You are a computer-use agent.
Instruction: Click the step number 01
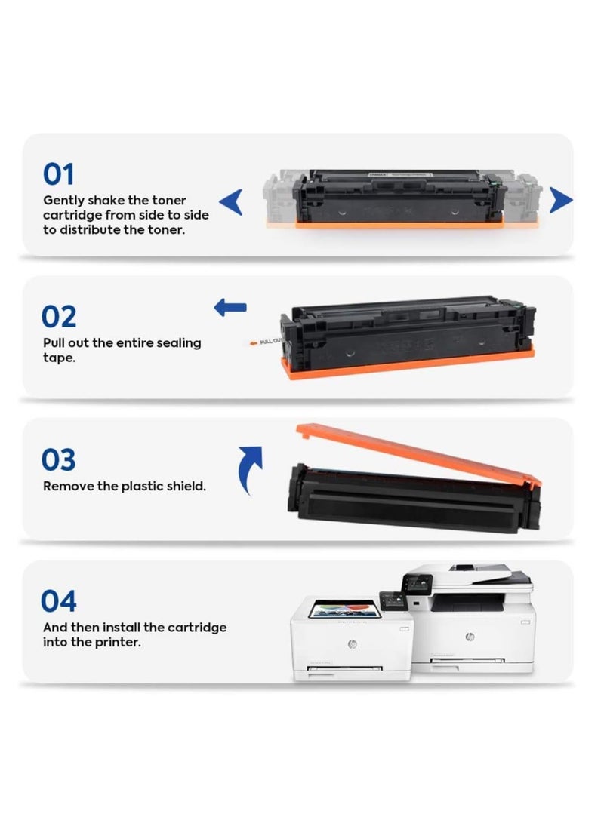tap(59, 175)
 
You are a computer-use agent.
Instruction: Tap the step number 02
tap(60, 317)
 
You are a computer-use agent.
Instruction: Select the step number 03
tap(60, 459)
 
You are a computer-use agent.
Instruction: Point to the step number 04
tap(60, 602)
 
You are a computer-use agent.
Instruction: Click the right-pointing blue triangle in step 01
tap(560, 201)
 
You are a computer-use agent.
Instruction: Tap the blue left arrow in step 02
tap(230, 307)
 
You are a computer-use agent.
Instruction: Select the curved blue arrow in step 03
tap(249, 468)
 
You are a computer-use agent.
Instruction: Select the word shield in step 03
tap(183, 487)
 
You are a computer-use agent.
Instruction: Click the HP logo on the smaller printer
tap(352, 643)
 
